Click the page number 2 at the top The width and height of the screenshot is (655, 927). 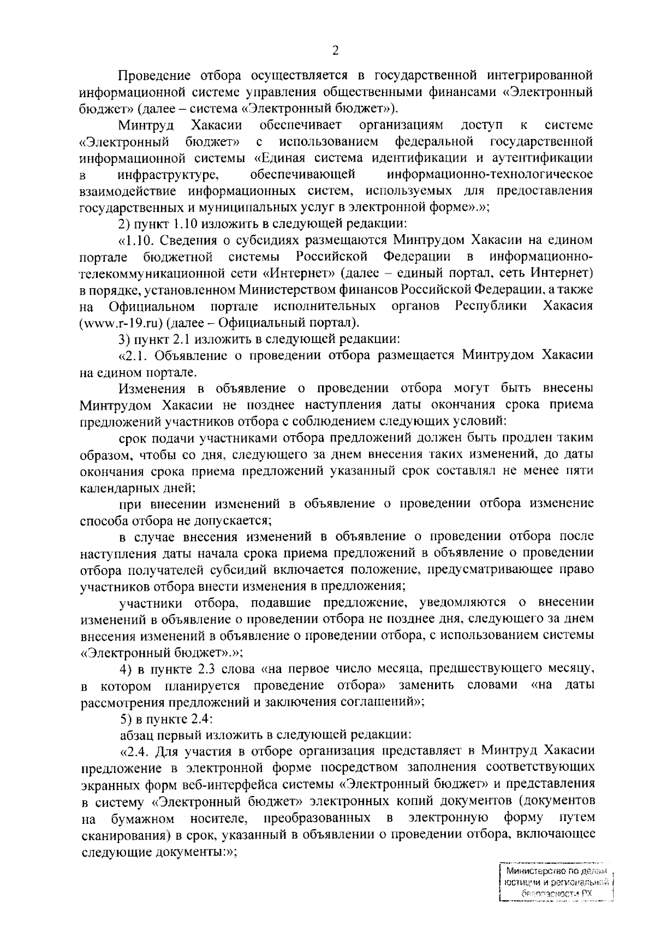click(x=335, y=51)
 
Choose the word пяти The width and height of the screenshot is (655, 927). click(x=581, y=470)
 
